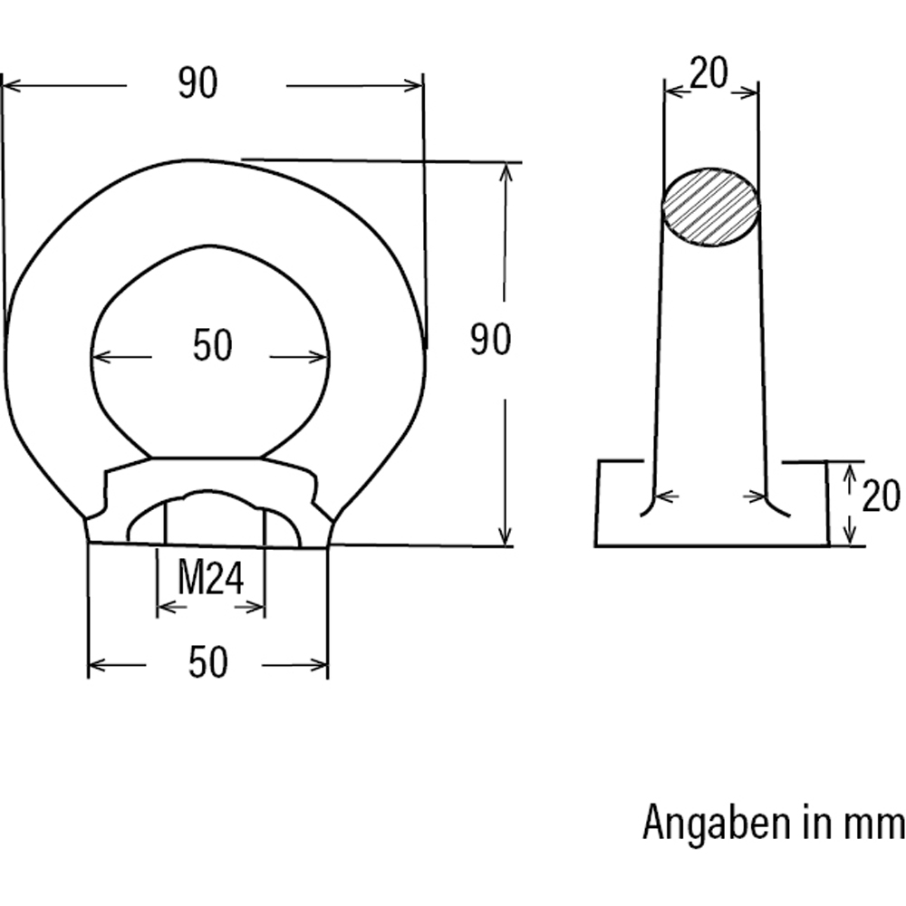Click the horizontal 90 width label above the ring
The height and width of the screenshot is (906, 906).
click(198, 84)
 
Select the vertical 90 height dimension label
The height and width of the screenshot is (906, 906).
click(490, 340)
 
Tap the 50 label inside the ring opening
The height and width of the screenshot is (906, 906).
click(213, 346)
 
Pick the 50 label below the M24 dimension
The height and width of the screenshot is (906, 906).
click(207, 664)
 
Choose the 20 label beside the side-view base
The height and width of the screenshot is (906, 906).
click(880, 497)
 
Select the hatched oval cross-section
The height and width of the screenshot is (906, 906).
click(711, 207)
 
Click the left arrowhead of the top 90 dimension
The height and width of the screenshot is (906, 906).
click(11, 86)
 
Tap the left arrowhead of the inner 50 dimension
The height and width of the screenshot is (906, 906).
click(101, 357)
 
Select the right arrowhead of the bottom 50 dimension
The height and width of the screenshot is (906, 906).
click(319, 666)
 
